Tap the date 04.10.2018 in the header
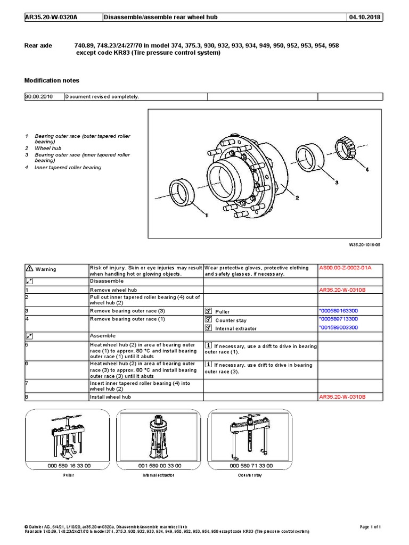(x=364, y=18)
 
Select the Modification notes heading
(x=52, y=80)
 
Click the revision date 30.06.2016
(x=37, y=97)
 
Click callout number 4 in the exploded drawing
(x=366, y=170)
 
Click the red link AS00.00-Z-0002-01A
(x=345, y=268)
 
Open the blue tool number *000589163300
(x=338, y=310)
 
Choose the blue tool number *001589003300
(x=338, y=328)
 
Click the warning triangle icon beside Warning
(x=29, y=269)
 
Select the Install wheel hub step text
(x=110, y=397)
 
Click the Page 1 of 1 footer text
(x=371, y=527)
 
